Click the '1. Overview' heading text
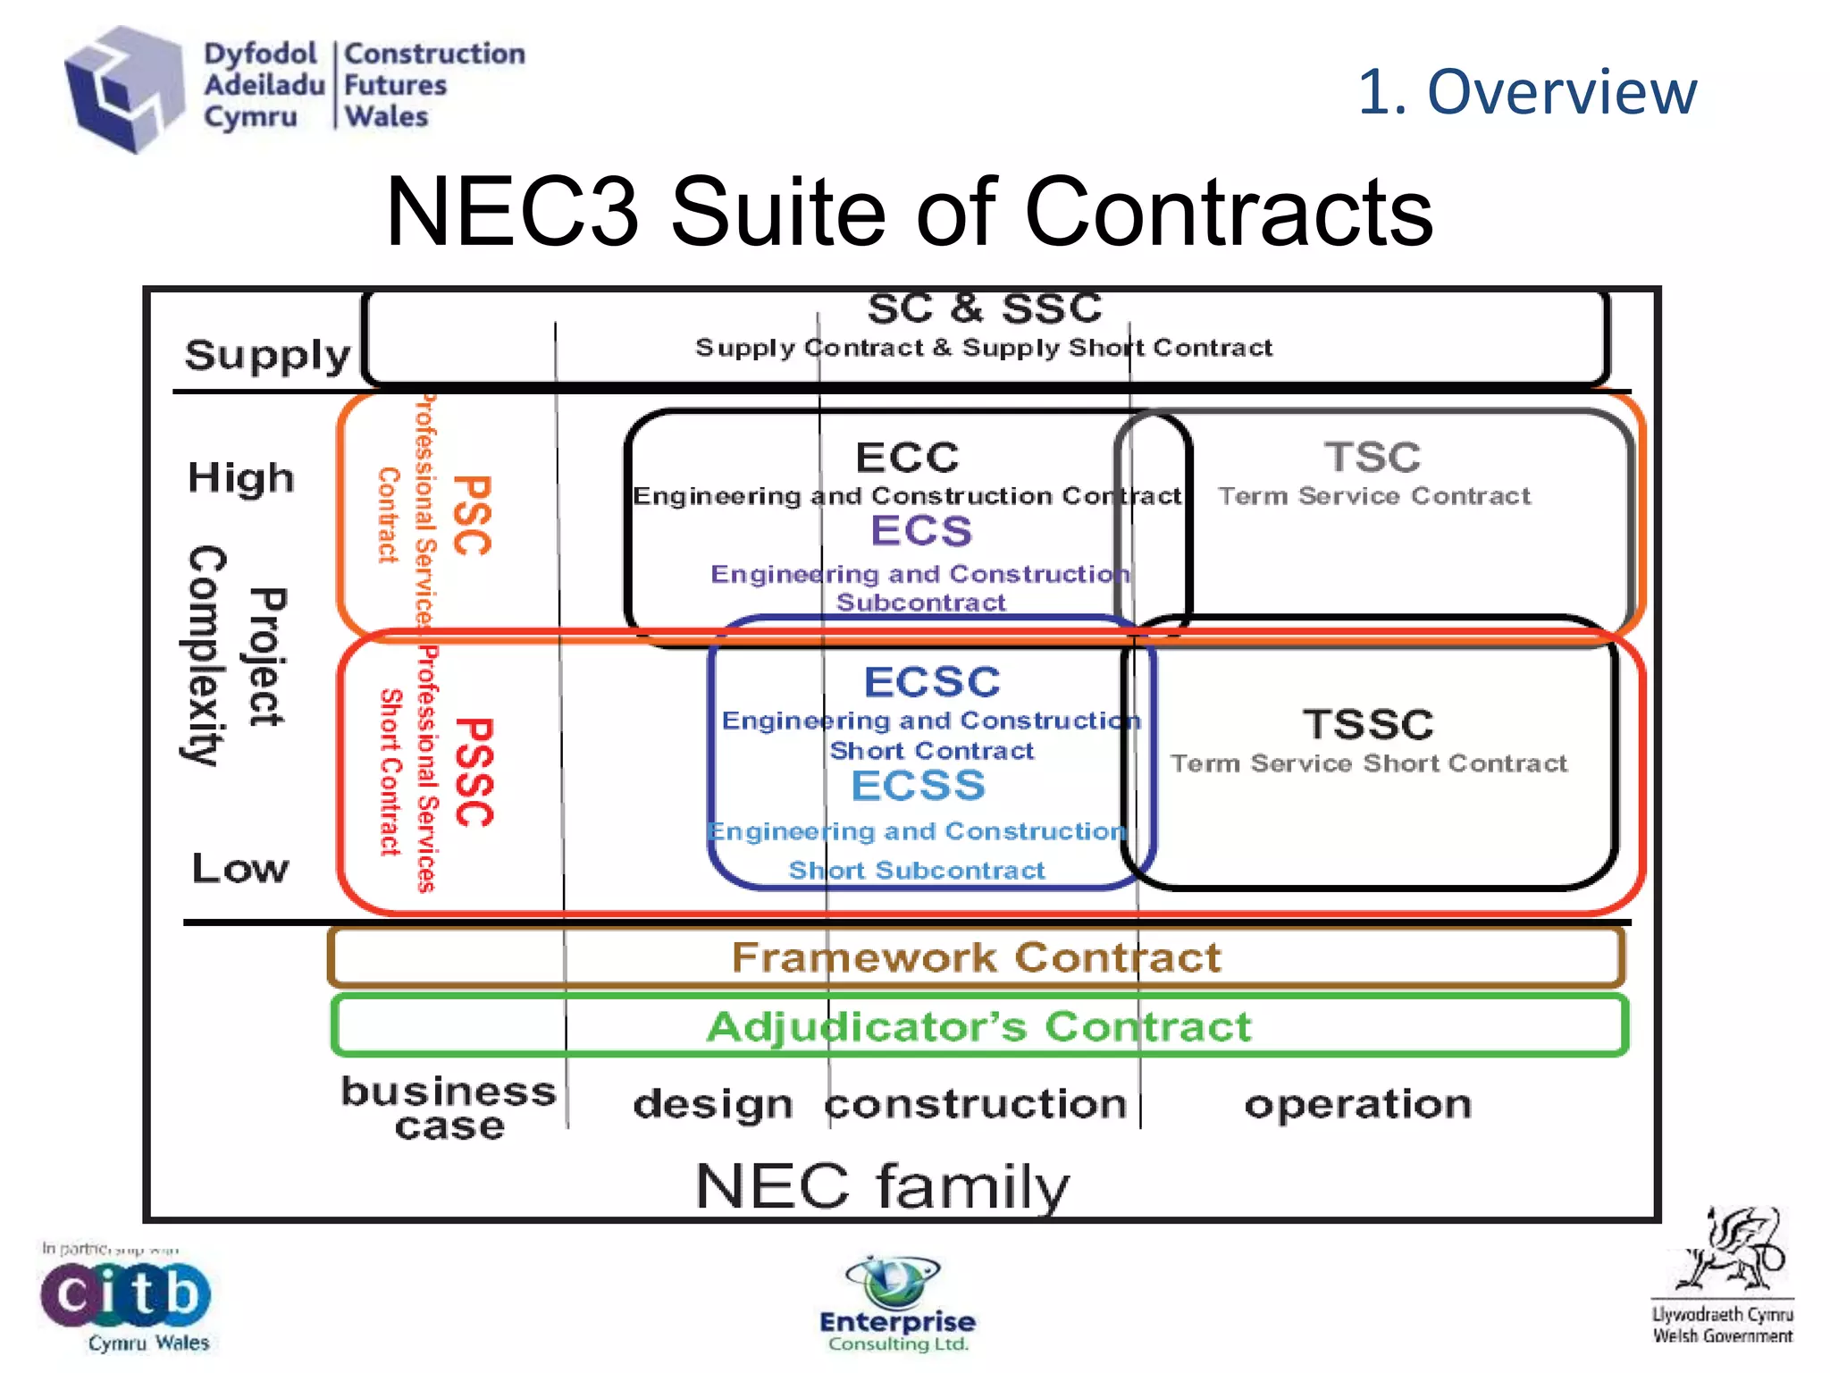coord(1526,92)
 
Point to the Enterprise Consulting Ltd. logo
coord(897,1303)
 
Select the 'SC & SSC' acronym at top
coord(984,309)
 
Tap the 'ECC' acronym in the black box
coord(907,458)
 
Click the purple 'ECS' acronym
coord(921,531)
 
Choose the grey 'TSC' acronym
coord(1372,458)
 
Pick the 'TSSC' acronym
coord(1368,724)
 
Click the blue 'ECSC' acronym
coord(932,682)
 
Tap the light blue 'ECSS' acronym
coord(918,786)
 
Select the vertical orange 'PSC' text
coord(472,515)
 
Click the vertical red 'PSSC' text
coord(474,771)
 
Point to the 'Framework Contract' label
coord(976,957)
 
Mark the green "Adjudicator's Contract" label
coord(978,1026)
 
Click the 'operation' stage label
coord(1357,1105)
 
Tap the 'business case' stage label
coord(449,1108)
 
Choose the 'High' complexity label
coord(240,477)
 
